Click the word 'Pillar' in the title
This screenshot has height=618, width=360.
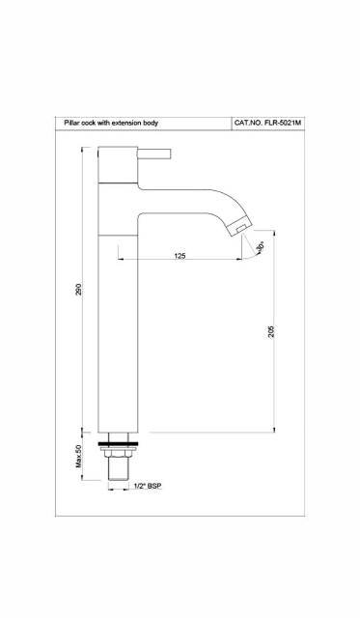(70, 125)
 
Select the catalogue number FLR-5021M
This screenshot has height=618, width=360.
(283, 125)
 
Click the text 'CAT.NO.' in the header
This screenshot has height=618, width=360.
(248, 125)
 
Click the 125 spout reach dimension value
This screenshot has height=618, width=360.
(180, 255)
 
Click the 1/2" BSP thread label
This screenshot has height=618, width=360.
(147, 487)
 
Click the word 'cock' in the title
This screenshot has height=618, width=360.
(90, 125)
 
